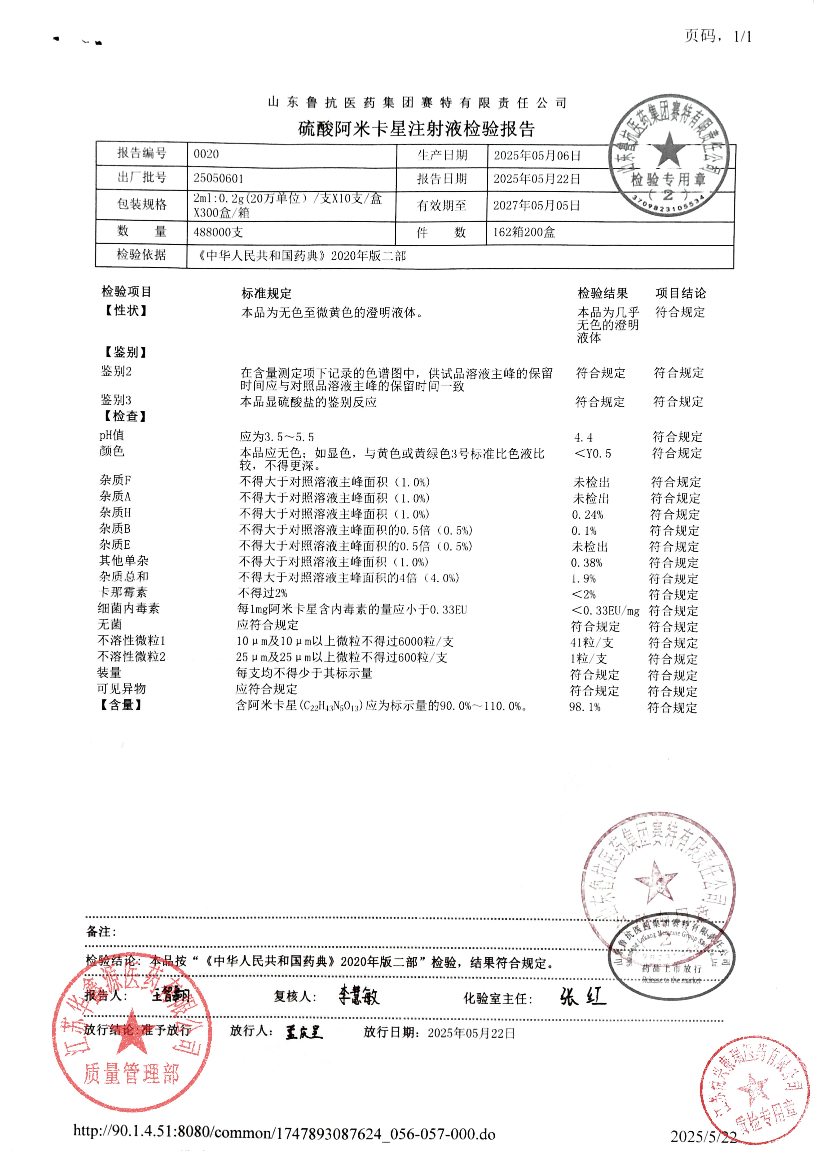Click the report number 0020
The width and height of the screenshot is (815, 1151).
point(206,154)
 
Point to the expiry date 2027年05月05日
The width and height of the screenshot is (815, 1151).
point(536,206)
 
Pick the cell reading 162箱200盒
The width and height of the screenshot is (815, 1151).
point(524,232)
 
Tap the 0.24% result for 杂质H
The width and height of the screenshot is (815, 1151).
point(587,515)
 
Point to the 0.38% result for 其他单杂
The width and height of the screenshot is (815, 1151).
point(587,563)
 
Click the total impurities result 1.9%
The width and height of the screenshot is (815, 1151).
point(584,579)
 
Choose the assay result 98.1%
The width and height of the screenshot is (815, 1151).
point(585,707)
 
